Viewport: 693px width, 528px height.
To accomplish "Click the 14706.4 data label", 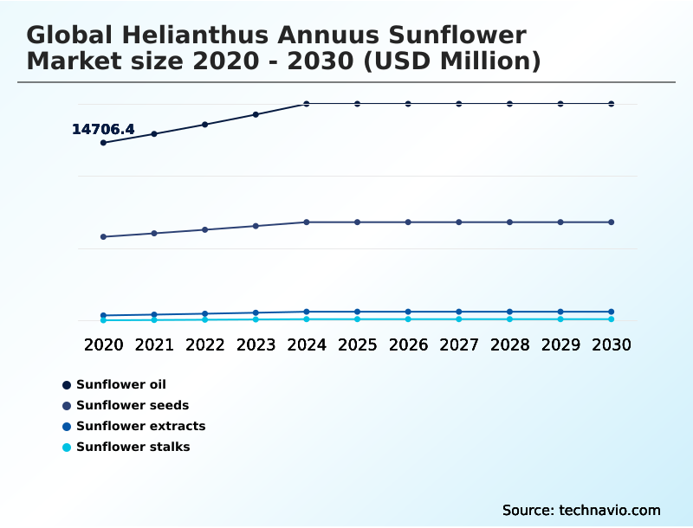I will [x=103, y=130].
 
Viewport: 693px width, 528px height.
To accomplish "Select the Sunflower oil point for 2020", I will [x=104, y=143].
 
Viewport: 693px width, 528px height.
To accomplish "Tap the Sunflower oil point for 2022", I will [x=205, y=125].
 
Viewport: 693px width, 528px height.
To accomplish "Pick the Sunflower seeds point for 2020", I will [x=104, y=236].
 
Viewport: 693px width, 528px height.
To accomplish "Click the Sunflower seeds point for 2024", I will [x=307, y=222].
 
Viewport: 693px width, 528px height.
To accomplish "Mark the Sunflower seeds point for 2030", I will [x=612, y=222].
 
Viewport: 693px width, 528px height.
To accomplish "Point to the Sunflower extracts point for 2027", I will [x=459, y=312].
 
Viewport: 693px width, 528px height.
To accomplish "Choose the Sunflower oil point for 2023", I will [x=256, y=114].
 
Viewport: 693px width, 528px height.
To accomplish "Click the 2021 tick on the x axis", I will [x=154, y=344].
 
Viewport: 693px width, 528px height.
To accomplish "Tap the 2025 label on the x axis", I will [x=357, y=344].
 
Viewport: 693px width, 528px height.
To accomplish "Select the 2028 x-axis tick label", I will [x=509, y=344].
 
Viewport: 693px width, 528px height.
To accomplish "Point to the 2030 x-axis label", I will [x=612, y=344].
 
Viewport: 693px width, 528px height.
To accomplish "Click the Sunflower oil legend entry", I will [x=120, y=384].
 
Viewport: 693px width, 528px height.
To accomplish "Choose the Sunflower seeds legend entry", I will [x=132, y=405].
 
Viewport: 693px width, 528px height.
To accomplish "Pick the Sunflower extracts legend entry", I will [x=140, y=426].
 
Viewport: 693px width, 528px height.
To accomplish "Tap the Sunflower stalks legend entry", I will [x=133, y=447].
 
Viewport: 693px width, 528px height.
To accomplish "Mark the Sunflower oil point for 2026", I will [x=408, y=104].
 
